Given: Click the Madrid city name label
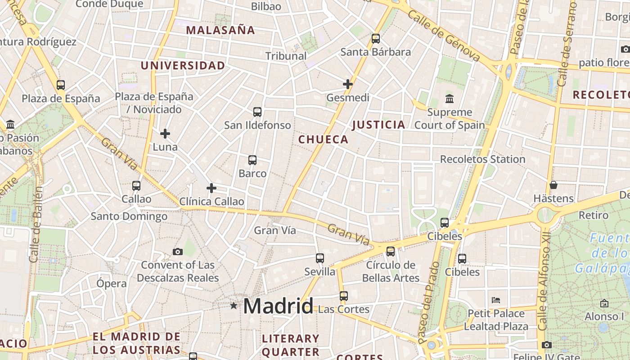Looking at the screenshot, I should (x=278, y=306).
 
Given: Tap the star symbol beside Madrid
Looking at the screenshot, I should (x=234, y=306).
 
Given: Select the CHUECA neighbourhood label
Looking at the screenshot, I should (x=323, y=139).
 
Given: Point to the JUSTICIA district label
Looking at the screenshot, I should (x=378, y=125).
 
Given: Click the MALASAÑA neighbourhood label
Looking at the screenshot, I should (x=220, y=31).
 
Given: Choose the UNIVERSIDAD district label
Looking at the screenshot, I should (x=183, y=66).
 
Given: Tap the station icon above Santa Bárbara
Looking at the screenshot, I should (x=376, y=39).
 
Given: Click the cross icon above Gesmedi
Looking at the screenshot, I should (x=348, y=84).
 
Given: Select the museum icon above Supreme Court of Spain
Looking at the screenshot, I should (x=449, y=99).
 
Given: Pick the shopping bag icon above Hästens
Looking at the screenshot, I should (x=553, y=185).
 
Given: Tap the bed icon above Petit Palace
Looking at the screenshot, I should (x=496, y=300).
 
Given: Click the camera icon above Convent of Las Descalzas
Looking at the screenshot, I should (x=178, y=252).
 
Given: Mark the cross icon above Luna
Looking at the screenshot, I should (x=165, y=133).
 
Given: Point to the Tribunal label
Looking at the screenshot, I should (x=286, y=56).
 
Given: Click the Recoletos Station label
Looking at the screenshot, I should (x=482, y=159).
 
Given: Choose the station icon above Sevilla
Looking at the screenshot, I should (x=320, y=258).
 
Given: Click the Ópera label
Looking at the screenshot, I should (x=112, y=283).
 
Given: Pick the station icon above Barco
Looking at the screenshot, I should (x=252, y=160).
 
